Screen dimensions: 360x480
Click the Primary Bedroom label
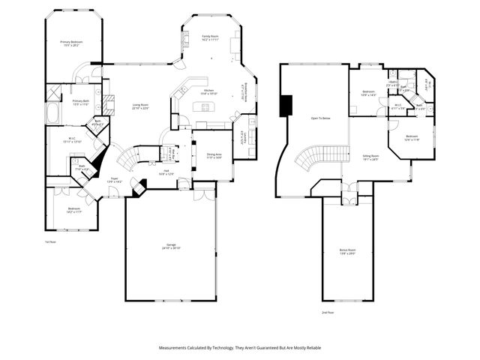pos(71,43)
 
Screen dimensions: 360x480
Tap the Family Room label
pos(210,37)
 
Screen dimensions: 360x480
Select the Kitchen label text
pos(209,92)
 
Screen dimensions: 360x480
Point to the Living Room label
pos(140,106)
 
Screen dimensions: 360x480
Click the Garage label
pos(170,247)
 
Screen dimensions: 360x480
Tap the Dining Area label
pos(214,155)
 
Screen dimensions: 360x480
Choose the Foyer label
pos(113,180)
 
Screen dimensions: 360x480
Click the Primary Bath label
pos(81,103)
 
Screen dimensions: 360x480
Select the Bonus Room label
pos(347,253)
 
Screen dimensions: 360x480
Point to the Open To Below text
pos(320,118)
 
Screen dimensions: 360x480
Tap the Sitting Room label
pos(370,157)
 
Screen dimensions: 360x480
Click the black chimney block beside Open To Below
pos(286,106)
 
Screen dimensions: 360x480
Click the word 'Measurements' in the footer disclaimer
pos(178,348)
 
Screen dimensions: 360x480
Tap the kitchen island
pos(204,107)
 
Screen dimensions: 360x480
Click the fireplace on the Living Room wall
pos(108,104)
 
